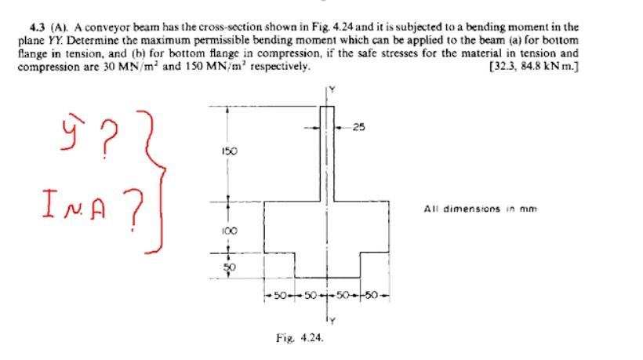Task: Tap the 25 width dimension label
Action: click(x=360, y=128)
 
